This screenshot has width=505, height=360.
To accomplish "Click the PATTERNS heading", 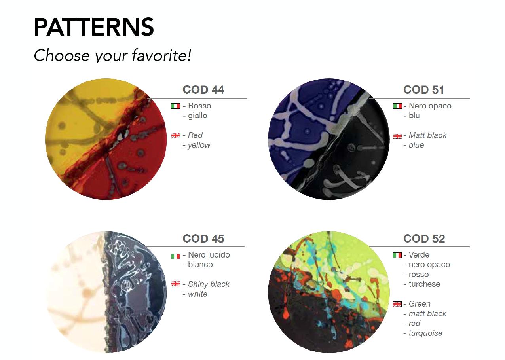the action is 94,27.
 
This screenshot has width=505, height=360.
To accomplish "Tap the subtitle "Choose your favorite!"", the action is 112,55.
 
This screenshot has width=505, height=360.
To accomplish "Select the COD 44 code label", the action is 203,90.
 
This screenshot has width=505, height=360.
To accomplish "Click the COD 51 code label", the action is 424,90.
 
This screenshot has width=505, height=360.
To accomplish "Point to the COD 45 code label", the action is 203,239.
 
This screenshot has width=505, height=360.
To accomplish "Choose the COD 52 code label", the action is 424,239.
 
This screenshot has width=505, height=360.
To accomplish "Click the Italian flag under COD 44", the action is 175,106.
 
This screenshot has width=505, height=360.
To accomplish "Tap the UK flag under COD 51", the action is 397,136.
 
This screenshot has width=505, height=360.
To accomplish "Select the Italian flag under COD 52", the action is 397,255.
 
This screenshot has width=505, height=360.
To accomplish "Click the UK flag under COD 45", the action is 175,284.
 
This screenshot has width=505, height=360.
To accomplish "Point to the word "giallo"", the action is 197,116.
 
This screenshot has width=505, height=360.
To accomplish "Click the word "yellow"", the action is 199,145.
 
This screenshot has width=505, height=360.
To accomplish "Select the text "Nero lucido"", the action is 209,255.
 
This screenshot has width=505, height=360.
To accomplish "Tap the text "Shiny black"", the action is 209,284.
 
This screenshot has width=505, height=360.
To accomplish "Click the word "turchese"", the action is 424,284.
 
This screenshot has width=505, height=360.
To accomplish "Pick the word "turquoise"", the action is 425,333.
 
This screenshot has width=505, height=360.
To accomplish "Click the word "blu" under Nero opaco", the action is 414,116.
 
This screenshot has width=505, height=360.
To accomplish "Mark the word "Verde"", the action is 419,255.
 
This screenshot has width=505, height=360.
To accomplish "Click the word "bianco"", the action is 200,264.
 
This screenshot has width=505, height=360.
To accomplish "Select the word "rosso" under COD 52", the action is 419,274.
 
